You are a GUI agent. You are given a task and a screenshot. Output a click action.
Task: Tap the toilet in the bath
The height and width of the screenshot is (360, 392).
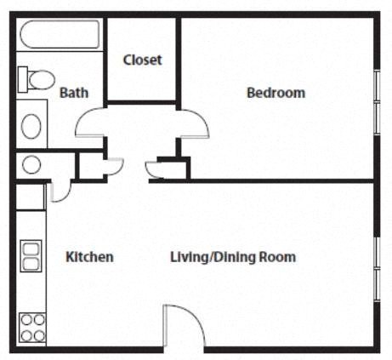[38, 80]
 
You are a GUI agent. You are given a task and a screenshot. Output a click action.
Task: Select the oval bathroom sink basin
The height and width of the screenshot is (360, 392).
[31, 126]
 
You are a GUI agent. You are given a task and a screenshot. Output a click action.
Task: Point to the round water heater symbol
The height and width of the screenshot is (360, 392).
[30, 164]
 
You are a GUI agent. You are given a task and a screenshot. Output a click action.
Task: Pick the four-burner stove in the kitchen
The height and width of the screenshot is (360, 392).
[31, 328]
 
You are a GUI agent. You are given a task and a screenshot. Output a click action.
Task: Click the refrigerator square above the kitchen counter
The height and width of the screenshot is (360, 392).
[30, 197]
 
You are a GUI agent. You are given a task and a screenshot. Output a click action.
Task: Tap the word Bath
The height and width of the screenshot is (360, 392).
[73, 93]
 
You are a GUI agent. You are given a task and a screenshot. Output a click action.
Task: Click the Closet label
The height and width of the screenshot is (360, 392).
[142, 60]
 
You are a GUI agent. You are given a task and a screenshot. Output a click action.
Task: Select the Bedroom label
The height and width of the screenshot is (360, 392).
[276, 93]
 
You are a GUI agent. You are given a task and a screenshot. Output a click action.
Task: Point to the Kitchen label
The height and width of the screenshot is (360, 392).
[89, 256]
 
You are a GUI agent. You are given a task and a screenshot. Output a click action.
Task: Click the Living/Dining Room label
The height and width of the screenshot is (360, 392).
[233, 256]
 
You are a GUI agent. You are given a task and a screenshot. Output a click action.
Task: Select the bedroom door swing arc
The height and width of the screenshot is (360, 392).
[196, 124]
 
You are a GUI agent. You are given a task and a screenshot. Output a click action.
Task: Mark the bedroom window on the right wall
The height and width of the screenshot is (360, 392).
[377, 100]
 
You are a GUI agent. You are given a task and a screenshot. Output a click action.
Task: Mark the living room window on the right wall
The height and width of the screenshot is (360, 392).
[377, 266]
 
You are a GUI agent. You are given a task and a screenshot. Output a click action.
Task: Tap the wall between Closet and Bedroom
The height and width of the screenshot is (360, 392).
[179, 60]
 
